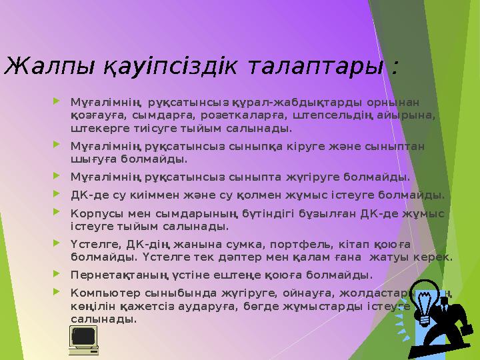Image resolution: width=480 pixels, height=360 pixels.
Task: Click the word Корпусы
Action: (93, 213)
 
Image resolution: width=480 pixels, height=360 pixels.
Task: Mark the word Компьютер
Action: (97, 293)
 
